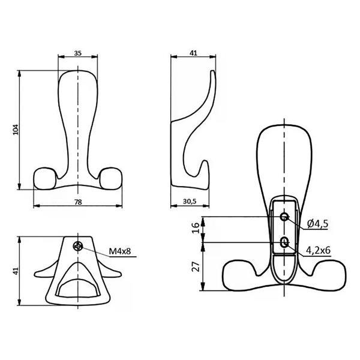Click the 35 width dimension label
pos(78,53)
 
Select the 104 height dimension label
pos(16,130)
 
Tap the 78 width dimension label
pos(78,202)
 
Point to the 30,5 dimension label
pos(190,202)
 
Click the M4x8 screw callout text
pos(120,251)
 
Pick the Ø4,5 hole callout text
pos(317,224)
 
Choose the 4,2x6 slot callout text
pos(318,250)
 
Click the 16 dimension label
pos(196,228)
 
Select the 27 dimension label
pos(196,266)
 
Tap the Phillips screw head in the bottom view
pos(78,247)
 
